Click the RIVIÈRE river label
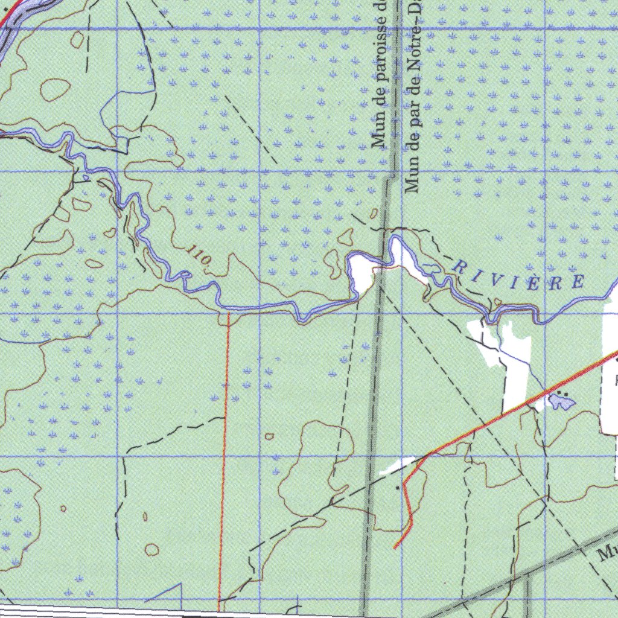(x=519, y=273)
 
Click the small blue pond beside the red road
(x=561, y=402)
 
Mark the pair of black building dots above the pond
(x=563, y=392)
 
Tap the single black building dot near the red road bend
(x=397, y=486)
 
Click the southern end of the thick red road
(x=395, y=547)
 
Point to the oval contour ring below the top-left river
(x=55, y=90)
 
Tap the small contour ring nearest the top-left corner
(x=77, y=40)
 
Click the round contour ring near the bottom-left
(x=152, y=549)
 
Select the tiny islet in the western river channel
(x=87, y=177)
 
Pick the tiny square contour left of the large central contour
(x=269, y=436)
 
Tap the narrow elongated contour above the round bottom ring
(x=145, y=517)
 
